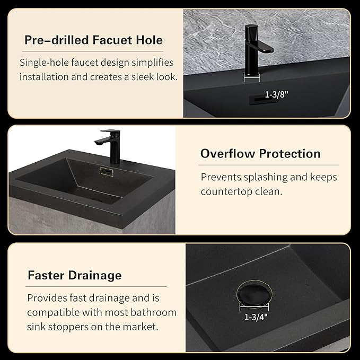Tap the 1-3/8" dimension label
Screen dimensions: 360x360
[276, 94]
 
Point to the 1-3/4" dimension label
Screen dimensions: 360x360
[256, 317]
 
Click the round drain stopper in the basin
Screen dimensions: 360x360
[254, 294]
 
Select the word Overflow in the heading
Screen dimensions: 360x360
[227, 153]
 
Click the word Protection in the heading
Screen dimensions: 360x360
[289, 153]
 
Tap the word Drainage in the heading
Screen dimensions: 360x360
[95, 276]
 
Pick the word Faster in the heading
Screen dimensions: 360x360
[46, 275]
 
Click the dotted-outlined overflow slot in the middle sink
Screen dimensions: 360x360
[107, 171]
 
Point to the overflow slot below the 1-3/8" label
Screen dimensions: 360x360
[263, 100]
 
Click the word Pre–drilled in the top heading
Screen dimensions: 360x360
[57, 40]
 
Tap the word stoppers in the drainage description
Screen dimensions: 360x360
[68, 327]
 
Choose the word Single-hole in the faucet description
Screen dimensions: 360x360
[44, 63]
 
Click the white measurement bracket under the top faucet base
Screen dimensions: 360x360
[252, 78]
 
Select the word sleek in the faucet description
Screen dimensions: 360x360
[143, 77]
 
